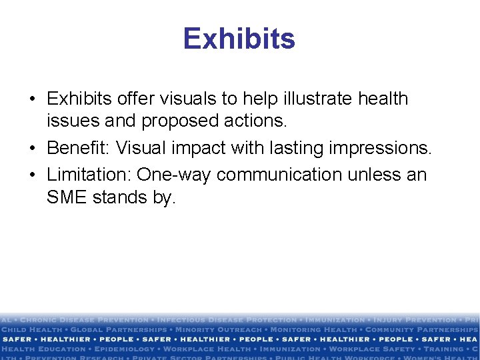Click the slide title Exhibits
coord(239,39)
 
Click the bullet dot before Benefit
coord(32,148)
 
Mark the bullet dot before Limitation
coord(32,175)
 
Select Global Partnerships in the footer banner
coord(119,329)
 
